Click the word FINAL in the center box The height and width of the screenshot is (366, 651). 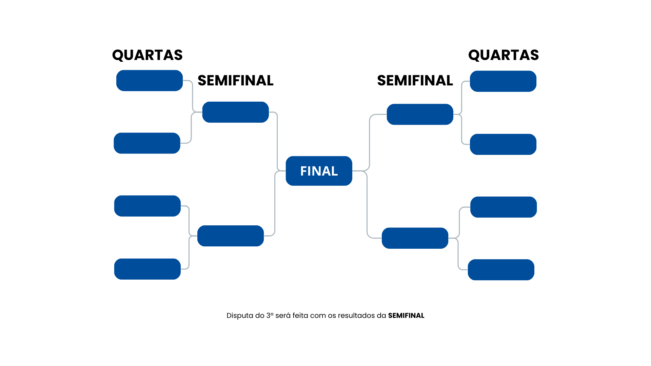pyautogui.click(x=319, y=171)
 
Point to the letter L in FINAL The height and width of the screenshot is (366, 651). pyautogui.click(x=334, y=171)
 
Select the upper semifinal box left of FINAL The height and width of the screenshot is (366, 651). pyautogui.click(x=235, y=112)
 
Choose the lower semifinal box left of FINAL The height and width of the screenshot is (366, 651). pyautogui.click(x=231, y=236)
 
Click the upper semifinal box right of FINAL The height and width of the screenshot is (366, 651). pyautogui.click(x=420, y=115)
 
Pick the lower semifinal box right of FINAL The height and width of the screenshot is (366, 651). pyautogui.click(x=415, y=238)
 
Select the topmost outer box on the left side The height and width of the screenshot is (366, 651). pyautogui.click(x=150, y=81)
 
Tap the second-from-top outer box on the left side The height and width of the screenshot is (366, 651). pyautogui.click(x=147, y=143)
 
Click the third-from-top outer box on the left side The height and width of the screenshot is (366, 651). pyautogui.click(x=147, y=206)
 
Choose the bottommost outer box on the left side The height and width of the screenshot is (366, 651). pyautogui.click(x=147, y=269)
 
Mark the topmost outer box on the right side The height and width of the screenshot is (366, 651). pyautogui.click(x=503, y=81)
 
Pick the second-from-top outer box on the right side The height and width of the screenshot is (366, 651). pyautogui.click(x=503, y=144)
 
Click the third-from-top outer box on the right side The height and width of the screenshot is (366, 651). pyautogui.click(x=504, y=207)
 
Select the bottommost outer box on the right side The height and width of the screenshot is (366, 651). pyautogui.click(x=501, y=270)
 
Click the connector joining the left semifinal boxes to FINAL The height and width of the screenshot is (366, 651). pyautogui.click(x=277, y=142)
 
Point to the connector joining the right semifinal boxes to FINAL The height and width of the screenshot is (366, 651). pyautogui.click(x=369, y=142)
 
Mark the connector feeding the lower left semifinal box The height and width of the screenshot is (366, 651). pyautogui.click(x=189, y=220)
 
